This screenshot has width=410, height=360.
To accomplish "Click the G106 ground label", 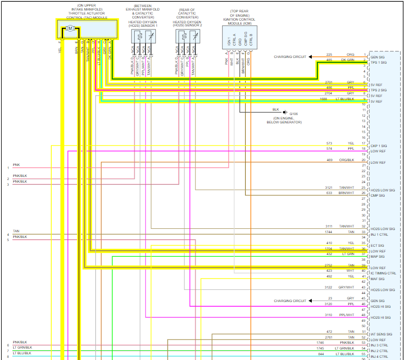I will click(293, 114).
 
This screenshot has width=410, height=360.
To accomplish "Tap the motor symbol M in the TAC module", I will click(71, 29).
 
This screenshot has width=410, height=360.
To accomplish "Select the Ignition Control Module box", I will click(239, 37).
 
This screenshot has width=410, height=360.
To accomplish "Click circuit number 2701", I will click(328, 82).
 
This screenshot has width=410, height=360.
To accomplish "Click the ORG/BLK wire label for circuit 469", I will click(346, 160).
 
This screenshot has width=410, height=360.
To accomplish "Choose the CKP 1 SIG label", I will click(379, 146).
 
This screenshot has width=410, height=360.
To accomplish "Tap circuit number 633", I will click(329, 193).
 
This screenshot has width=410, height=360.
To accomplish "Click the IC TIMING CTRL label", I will click(383, 273).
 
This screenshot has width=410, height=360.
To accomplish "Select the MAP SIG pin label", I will click(378, 256).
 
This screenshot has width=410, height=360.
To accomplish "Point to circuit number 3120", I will click(328, 304).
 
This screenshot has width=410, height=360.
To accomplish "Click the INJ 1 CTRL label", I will click(380, 234).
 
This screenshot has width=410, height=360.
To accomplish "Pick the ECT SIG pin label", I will click(377, 245).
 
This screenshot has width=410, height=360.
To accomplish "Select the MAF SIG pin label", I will click(378, 279).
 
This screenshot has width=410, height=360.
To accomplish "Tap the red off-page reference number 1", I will click(8, 168).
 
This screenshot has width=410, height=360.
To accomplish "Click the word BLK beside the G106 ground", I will click(275, 109).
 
